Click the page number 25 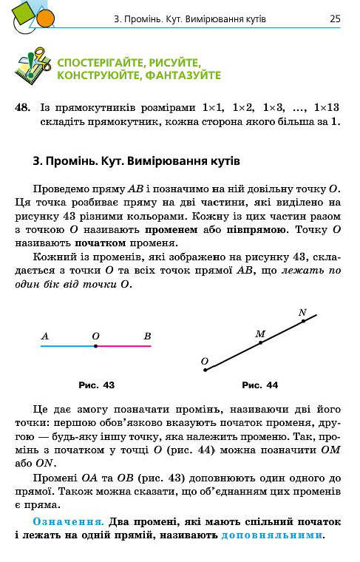tap(335, 18)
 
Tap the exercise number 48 tap(23, 107)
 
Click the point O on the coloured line tap(96, 345)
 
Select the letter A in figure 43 tap(45, 336)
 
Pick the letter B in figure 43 tap(147, 336)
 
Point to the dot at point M tap(260, 343)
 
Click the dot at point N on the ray tap(303, 321)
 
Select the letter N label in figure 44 tap(302, 312)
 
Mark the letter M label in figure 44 tap(259, 334)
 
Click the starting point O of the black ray tap(206, 369)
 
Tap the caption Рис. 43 tap(96, 385)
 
